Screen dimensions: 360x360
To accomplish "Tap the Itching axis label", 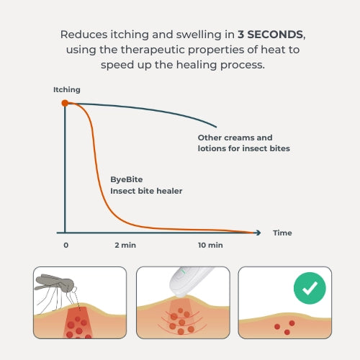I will (67, 90).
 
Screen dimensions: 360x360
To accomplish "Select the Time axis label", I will (282, 233).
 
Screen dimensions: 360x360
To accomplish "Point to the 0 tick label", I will (66, 246).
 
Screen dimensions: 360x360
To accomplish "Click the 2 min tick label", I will (125, 246).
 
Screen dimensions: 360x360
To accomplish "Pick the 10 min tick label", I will (210, 246).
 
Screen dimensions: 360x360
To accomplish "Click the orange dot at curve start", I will (65, 103).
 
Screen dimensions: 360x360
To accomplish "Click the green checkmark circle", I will (309, 289).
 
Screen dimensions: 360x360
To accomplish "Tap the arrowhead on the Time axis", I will (259, 233).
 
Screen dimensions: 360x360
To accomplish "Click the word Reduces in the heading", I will (81, 35).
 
